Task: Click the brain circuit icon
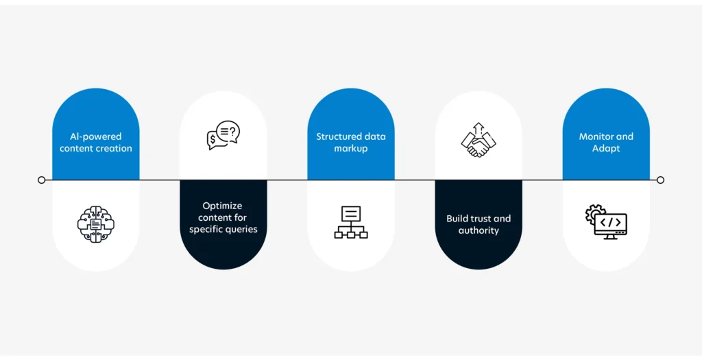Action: (96, 224)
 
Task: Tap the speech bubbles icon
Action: (223, 135)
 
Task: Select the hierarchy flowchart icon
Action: (351, 222)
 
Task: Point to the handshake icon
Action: (479, 140)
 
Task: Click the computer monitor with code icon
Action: (606, 222)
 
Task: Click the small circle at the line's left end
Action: (42, 180)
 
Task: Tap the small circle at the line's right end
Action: (660, 180)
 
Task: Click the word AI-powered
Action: (96, 136)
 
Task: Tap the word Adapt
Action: (606, 149)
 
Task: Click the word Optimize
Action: (223, 206)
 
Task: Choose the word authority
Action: (479, 230)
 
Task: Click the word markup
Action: (351, 149)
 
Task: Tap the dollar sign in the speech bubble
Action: (213, 139)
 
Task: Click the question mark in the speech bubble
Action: (232, 131)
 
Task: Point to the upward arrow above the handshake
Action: (479, 129)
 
